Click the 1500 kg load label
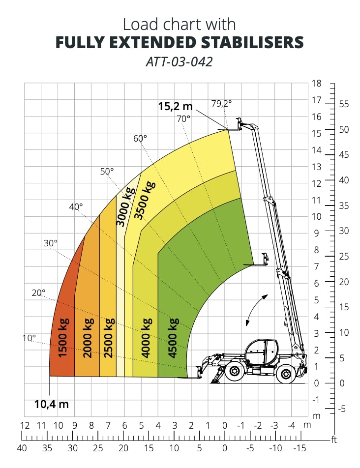click(63, 337)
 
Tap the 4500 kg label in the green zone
click(173, 338)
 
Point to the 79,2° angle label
click(221, 104)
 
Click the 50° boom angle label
click(107, 171)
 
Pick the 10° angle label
click(29, 338)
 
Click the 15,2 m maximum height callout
click(175, 106)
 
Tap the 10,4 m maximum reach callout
click(51, 404)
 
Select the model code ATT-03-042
click(179, 62)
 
